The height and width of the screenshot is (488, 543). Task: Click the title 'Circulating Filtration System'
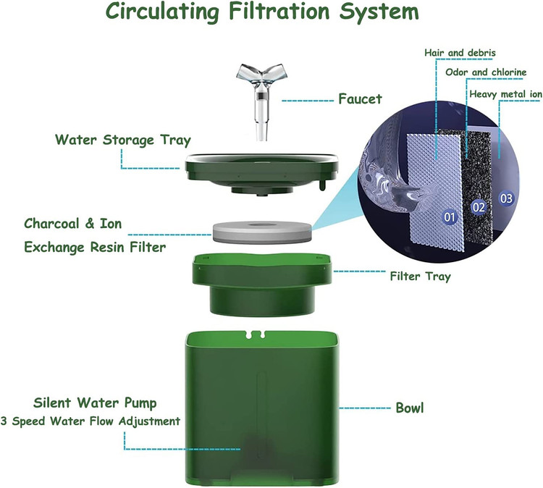[262, 12]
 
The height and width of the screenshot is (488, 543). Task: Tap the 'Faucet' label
[360, 99]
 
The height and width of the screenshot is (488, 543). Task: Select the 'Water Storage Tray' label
[123, 140]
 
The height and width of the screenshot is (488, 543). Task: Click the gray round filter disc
[262, 232]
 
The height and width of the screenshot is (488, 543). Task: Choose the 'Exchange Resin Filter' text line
[95, 248]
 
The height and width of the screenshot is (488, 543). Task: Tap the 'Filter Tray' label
[421, 277]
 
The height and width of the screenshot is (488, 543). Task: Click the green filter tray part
[262, 285]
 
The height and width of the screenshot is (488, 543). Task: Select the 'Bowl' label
[410, 408]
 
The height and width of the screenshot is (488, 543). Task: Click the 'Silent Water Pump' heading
[95, 403]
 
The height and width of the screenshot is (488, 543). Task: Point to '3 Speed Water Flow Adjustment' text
[90, 421]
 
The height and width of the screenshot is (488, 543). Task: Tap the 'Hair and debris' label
[460, 53]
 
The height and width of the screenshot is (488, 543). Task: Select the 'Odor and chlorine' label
[486, 72]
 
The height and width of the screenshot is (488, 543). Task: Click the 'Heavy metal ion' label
[505, 94]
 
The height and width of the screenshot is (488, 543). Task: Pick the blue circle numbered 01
[450, 217]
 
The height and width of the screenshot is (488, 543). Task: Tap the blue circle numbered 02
[479, 207]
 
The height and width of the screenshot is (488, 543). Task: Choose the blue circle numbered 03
[506, 198]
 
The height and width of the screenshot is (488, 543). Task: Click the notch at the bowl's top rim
[256, 335]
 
